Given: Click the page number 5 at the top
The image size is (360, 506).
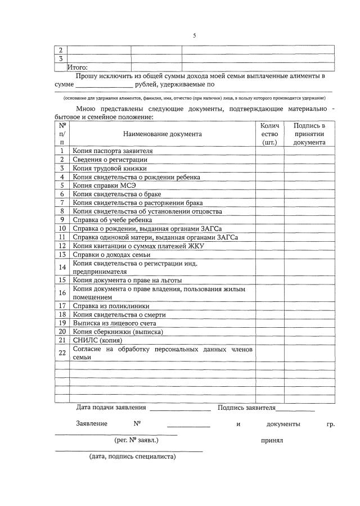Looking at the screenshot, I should point(194,35).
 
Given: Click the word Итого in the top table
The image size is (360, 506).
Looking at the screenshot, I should point(78,67).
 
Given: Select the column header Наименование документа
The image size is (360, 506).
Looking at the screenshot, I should point(162,134).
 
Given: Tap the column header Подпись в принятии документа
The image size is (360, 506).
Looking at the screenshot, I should point(309,134).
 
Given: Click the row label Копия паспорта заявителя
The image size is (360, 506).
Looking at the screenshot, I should point(112,151).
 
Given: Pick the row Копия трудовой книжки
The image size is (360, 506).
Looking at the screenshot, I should point(109,168).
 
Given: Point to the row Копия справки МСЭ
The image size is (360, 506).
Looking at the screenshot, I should point(105,185).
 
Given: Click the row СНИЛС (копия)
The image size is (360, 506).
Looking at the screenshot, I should point(97,340).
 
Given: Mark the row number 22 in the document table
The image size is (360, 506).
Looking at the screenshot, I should point(62,353).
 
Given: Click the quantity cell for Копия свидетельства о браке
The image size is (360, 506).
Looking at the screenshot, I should point(269,193).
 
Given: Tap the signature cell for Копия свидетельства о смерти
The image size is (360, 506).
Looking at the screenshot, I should point(309,314).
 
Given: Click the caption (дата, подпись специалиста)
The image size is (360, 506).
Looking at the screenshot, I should point(133,457).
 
